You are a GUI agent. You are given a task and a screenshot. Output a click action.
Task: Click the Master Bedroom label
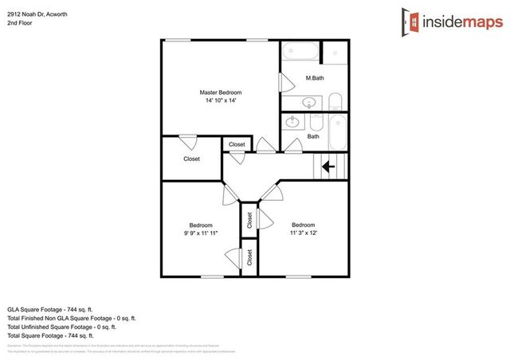tap(219, 92)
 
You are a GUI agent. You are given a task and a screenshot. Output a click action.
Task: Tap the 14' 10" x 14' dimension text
tap(219, 101)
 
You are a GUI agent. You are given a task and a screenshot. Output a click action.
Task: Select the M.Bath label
tap(315, 77)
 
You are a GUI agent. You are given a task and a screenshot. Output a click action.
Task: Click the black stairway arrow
tap(328, 166)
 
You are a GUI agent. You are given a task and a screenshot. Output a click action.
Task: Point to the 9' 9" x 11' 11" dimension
tap(200, 233)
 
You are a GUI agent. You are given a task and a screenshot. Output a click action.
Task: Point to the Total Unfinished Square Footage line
tap(61, 327)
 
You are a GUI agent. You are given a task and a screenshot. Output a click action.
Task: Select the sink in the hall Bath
tap(293, 122)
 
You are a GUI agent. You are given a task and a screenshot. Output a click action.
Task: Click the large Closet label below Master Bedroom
tap(191, 158)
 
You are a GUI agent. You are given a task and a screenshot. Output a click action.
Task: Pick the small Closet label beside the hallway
tap(237, 144)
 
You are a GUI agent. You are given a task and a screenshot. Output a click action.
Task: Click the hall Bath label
tap(313, 136)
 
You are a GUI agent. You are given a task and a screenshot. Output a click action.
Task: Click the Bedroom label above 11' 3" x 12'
tap(303, 225)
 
